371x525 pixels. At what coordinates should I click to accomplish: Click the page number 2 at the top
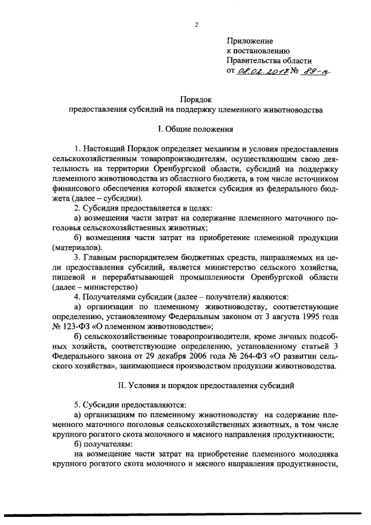point(197,25)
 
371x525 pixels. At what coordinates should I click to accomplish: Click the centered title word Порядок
point(193,99)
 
